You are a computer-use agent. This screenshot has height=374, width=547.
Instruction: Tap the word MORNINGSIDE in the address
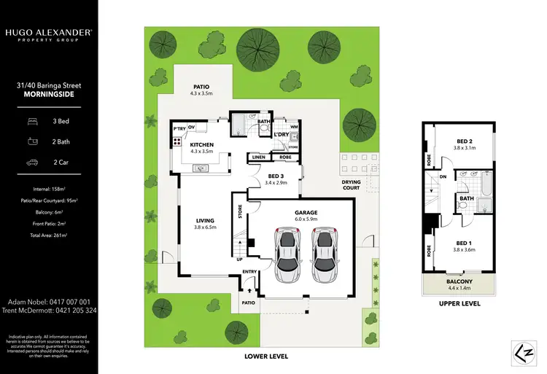click(x=49, y=94)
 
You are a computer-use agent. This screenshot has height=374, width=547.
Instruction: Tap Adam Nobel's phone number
click(x=49, y=301)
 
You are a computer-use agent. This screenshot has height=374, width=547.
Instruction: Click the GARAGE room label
click(x=305, y=213)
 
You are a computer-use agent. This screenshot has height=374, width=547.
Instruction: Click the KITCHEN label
click(x=201, y=145)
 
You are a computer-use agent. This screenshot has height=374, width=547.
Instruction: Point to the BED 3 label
click(x=275, y=176)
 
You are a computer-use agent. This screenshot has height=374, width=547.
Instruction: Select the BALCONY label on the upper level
click(x=459, y=281)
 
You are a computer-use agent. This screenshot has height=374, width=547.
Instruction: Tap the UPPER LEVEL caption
click(x=459, y=303)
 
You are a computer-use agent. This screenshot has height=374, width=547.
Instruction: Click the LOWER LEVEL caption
click(x=266, y=357)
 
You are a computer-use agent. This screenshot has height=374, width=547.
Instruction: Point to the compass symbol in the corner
click(x=520, y=353)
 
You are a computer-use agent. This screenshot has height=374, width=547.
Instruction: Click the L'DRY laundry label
click(x=282, y=135)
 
